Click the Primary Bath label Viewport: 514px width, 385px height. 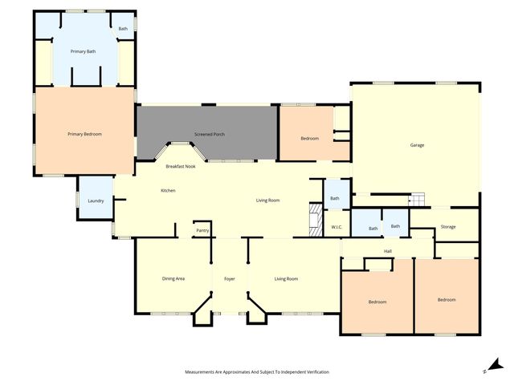click(84, 51)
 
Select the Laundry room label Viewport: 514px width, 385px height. click(96, 201)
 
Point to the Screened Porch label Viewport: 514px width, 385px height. click(209, 134)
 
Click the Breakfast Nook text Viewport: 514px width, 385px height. click(181, 166)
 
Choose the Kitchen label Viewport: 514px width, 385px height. click(168, 190)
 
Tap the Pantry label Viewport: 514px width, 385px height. click(202, 231)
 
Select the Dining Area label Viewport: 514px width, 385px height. click(173, 278)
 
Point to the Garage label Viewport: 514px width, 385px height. click(417, 145)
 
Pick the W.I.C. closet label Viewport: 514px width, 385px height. click(337, 227)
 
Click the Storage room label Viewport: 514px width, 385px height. click(448, 227)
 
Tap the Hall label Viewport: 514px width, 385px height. click(388, 251)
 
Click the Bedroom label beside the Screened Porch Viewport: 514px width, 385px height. click(310, 139)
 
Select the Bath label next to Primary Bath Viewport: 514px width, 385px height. click(123, 29)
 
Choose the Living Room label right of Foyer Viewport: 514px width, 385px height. click(286, 278)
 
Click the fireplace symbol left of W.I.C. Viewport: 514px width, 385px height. click(315, 219)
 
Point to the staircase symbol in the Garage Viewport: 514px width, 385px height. click(416, 200)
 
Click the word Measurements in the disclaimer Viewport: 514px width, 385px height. click(202, 372)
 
